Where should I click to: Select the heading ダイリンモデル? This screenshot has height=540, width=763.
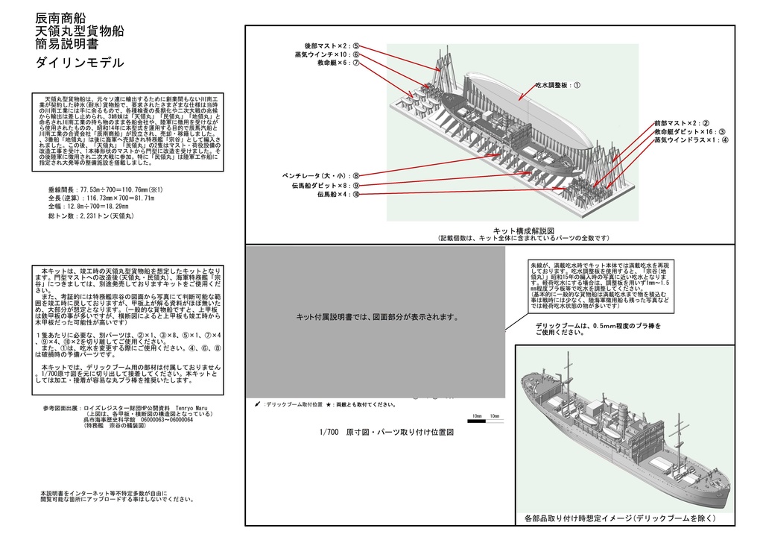[x=80, y=63]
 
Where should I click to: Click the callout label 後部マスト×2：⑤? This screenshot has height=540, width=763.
[x=332, y=45]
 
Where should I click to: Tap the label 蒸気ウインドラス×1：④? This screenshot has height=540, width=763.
[x=691, y=139]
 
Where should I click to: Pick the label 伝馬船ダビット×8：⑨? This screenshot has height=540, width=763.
[x=326, y=185]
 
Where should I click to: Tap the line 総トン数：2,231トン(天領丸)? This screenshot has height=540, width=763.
[x=90, y=216]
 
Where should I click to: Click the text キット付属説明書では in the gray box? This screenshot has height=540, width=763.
[x=376, y=317]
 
